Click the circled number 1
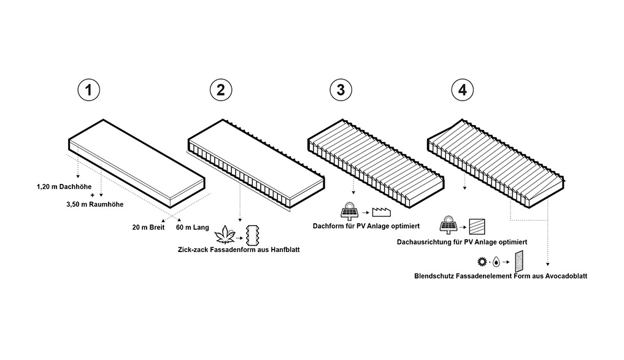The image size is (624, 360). click(x=89, y=90)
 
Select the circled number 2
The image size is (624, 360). click(x=220, y=90)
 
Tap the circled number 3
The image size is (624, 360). click(x=337, y=90)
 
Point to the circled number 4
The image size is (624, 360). click(x=463, y=90)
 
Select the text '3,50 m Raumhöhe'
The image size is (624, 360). click(x=91, y=204)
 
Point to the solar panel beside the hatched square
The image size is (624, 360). click(x=447, y=223)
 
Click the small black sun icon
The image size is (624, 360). click(x=482, y=262)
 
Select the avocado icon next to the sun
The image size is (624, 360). click(x=496, y=263)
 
